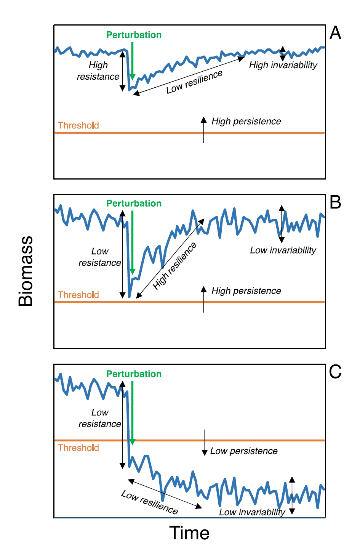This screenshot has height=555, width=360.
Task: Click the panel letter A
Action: (x=335, y=33)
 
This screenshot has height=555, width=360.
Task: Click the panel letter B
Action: (x=335, y=202)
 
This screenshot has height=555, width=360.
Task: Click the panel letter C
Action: (x=335, y=372)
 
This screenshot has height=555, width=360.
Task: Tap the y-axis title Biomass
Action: (x=26, y=271)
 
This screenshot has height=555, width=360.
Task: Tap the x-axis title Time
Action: (x=189, y=533)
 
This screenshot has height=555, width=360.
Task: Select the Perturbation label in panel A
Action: (x=134, y=35)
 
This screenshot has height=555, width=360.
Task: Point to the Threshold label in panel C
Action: (x=78, y=448)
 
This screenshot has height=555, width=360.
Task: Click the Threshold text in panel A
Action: (x=78, y=125)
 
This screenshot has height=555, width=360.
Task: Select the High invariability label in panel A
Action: (x=283, y=65)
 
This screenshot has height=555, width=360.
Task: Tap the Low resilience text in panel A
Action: (x=194, y=82)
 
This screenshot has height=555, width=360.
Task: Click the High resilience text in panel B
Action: (x=175, y=266)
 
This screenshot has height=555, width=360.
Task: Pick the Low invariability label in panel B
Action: (x=283, y=250)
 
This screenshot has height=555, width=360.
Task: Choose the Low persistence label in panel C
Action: (x=244, y=451)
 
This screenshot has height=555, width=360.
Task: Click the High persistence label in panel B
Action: (x=246, y=291)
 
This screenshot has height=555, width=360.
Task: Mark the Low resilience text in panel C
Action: (x=149, y=502)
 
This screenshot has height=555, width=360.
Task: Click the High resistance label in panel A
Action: (x=98, y=71)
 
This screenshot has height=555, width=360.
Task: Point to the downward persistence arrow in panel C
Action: (x=205, y=442)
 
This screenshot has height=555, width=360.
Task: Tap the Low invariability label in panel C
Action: (x=252, y=512)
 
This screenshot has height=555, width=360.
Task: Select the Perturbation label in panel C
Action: (x=134, y=374)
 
